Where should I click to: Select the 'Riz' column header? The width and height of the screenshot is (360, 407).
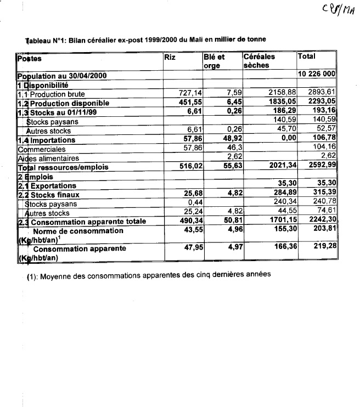coord(170,56)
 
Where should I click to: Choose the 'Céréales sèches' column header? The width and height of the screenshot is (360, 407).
coord(259,60)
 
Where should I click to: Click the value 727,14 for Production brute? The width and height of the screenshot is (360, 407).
coord(185,94)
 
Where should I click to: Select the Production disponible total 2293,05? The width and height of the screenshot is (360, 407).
coord(323,103)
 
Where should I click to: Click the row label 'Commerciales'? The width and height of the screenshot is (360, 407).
coord(42,149)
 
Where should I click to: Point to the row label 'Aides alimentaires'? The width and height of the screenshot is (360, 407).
coord(52,158)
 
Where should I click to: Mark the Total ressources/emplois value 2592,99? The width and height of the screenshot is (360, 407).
coord(323,167)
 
